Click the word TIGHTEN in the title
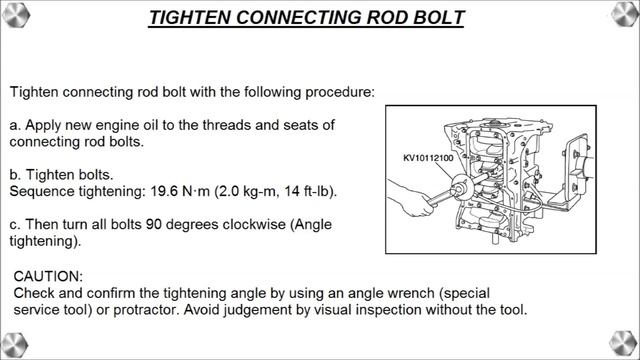[x=190, y=18]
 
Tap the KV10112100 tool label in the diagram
[x=428, y=158]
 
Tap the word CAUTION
[x=48, y=276]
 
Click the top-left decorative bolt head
[x=16, y=15]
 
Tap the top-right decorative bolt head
[x=624, y=14]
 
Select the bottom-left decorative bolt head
[x=15, y=345]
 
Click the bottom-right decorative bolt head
[x=623, y=344]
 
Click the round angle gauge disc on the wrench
[x=462, y=186]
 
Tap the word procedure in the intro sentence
[x=340, y=92]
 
